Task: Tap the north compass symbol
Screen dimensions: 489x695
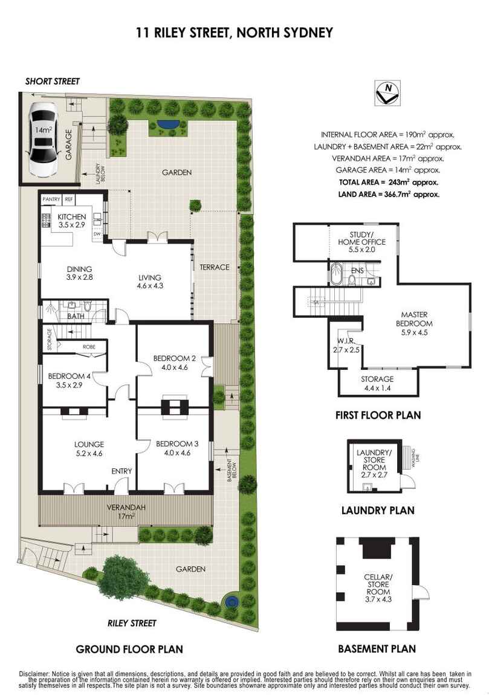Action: point(387,92)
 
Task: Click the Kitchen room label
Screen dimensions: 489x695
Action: point(72,221)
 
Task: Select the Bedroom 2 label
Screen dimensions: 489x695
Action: point(175,363)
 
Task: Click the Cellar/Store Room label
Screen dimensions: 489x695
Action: point(378,588)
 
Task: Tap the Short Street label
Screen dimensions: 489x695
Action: point(53,81)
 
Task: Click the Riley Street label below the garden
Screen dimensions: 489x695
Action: point(132,623)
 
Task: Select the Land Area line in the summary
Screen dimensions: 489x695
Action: point(389,194)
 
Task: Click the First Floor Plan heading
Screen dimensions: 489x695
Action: point(378,415)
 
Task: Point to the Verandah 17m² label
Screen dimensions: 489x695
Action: point(126,511)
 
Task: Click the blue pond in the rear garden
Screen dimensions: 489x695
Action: point(168,124)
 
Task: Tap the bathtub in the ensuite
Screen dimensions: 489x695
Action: point(335,274)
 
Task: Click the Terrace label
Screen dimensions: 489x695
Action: point(215,267)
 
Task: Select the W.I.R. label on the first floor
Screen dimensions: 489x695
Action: point(346,345)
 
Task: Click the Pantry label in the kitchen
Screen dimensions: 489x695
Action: point(51,199)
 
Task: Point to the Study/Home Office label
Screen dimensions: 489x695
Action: point(361,242)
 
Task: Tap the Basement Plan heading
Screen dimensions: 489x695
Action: point(377,649)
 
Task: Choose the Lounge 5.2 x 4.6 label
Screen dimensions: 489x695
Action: point(89,448)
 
